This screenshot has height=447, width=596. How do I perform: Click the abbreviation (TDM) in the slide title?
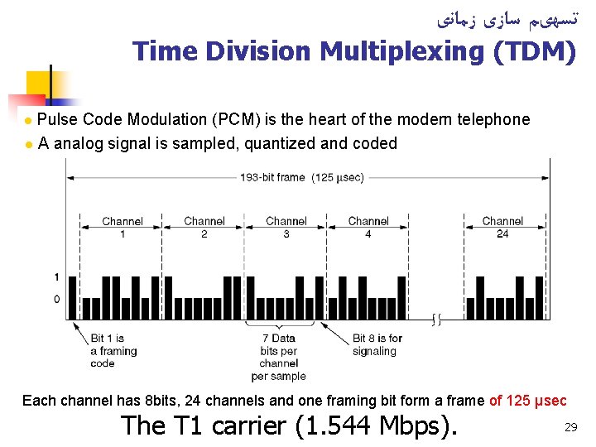(x=535, y=52)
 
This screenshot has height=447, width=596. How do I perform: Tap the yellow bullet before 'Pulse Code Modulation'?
(x=29, y=121)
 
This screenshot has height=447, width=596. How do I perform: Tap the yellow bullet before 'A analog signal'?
(x=29, y=145)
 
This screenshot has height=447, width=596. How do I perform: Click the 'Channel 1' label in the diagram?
(x=122, y=228)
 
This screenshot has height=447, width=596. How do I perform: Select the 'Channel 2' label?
(x=204, y=228)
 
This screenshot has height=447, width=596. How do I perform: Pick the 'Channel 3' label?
(x=286, y=228)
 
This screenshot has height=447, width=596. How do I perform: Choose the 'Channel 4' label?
(x=368, y=228)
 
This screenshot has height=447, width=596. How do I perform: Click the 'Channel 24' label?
(x=502, y=228)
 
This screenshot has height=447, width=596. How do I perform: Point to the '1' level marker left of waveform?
(x=56, y=276)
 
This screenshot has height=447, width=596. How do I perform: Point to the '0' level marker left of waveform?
(x=56, y=299)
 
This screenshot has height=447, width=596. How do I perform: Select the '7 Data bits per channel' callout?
(x=278, y=357)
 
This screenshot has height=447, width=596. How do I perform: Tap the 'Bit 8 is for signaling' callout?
(x=377, y=344)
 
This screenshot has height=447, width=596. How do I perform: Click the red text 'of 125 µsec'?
(x=527, y=401)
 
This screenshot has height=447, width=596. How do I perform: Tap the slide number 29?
(x=570, y=427)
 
